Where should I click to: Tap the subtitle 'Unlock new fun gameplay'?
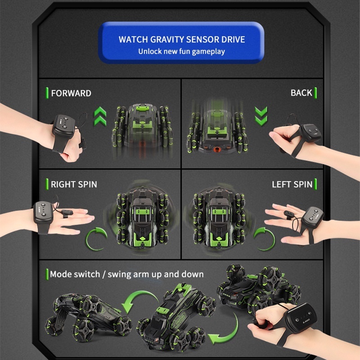182,51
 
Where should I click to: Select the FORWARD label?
71,93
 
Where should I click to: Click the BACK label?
301,93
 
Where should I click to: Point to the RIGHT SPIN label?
74,184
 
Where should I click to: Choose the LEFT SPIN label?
292,184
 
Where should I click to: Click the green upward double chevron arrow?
100,116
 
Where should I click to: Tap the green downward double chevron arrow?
261,116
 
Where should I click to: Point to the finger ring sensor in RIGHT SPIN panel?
67,213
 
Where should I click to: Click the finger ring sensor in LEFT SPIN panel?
289,214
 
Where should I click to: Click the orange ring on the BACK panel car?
216,150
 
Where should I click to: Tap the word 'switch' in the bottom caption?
86,274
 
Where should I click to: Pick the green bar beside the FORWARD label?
47,93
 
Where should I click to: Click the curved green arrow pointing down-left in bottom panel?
137,298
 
